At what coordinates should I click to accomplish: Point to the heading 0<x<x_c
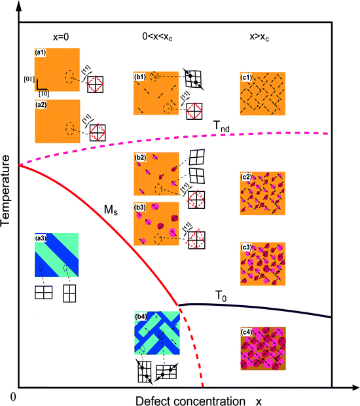tap(155, 37)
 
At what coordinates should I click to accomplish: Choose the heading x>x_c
tap(261, 37)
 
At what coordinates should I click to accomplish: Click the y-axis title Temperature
tap(8, 191)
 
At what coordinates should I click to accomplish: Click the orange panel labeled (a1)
tap(57, 69)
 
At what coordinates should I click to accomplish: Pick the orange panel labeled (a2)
tap(57, 120)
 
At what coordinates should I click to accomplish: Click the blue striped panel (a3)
tap(57, 255)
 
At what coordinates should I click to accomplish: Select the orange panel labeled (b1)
tap(156, 92)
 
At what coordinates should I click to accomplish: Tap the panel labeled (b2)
tap(156, 174)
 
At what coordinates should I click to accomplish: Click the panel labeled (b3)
tap(156, 223)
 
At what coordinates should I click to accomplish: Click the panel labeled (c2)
tap(262, 193)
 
